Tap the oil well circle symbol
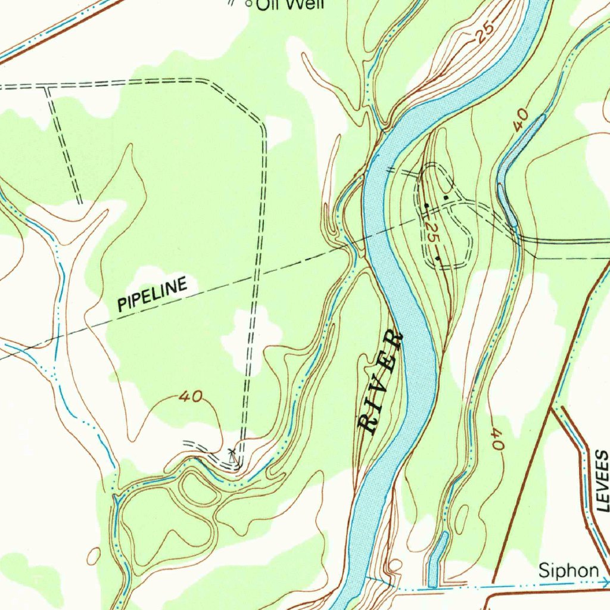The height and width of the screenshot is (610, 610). coord(249,4)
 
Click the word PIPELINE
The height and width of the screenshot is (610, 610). coord(152,294)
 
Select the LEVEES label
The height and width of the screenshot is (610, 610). coord(603,481)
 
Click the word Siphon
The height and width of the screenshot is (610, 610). coord(568,571)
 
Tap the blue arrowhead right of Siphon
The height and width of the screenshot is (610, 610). coord(605,581)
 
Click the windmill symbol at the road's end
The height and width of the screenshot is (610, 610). coord(234,457)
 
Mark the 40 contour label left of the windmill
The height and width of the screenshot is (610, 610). coord(191,397)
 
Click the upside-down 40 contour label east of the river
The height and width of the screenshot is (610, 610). coord(497,439)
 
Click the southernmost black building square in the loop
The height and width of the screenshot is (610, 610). coord(438,258)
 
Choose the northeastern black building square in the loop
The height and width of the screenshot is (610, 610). coord(447,197)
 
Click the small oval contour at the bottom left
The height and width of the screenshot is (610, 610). coord(94,556)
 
